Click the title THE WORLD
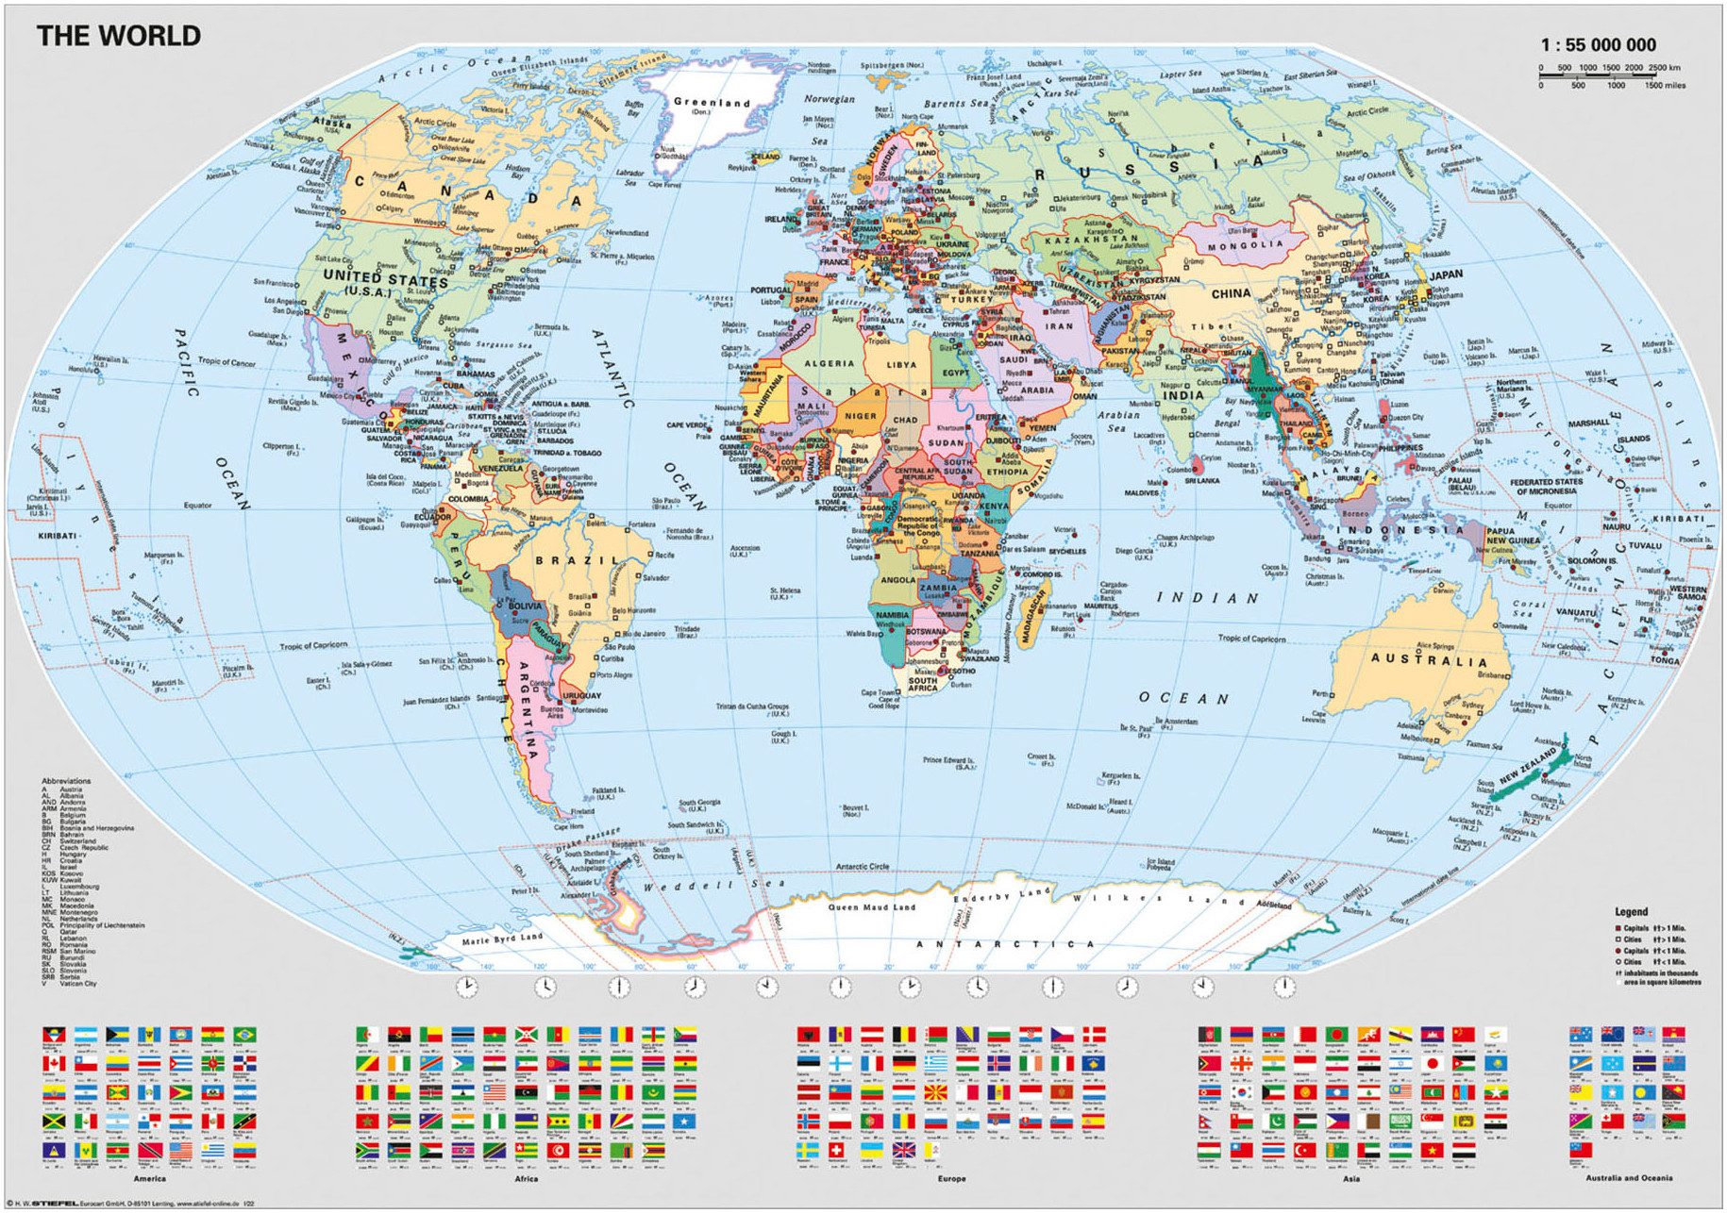point(119,36)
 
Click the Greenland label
point(712,102)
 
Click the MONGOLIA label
point(1246,244)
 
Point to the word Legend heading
point(1631,912)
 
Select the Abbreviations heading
point(66,781)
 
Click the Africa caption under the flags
point(526,1178)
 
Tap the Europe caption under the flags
point(951,1178)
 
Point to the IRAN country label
point(1059,326)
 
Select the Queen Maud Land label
point(872,907)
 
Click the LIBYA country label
point(901,364)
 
